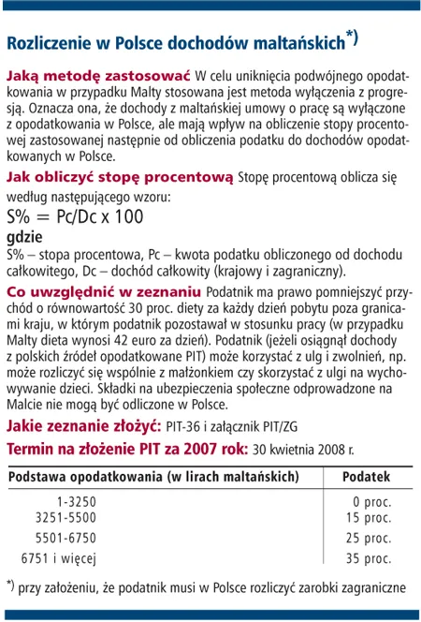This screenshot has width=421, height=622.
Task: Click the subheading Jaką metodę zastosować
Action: coord(99,74)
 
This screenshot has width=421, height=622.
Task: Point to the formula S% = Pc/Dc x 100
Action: coord(75,216)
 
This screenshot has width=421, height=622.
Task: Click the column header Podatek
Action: coord(366,477)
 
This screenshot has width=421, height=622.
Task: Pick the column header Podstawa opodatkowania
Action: coord(153,477)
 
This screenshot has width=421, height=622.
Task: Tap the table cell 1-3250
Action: coord(76,502)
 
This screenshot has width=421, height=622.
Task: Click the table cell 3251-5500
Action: coord(65,517)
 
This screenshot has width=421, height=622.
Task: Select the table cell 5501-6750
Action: coord(65,538)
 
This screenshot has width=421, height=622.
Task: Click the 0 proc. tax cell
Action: coord(371,502)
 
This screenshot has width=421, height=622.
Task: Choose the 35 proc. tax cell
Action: coord(368,558)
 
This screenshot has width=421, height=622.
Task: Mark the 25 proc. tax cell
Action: coord(368,538)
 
